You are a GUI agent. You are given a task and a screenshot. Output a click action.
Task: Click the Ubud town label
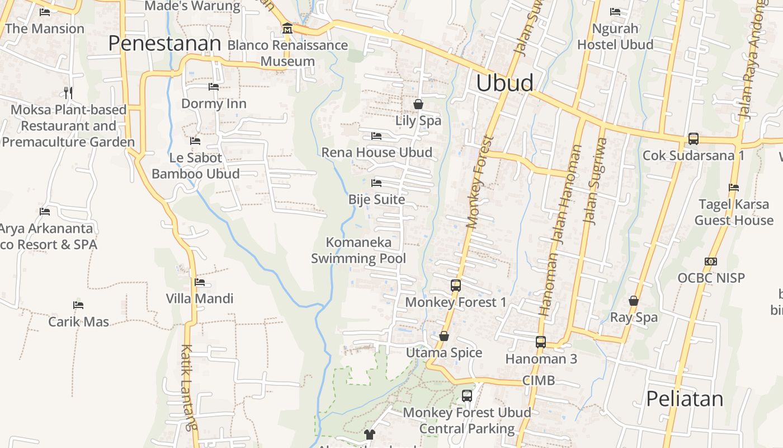click(504, 83)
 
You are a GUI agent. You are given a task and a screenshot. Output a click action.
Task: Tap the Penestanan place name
click(164, 43)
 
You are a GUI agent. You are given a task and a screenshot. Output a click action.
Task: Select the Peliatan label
click(685, 399)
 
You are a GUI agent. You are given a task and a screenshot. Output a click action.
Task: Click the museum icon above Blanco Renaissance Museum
click(287, 28)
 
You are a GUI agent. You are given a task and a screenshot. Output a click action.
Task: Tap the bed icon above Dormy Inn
click(213, 87)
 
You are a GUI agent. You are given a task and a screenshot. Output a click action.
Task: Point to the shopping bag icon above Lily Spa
click(418, 104)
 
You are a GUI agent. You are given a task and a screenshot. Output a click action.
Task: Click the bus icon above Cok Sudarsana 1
click(693, 138)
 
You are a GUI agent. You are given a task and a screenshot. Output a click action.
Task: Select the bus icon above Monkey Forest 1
click(455, 286)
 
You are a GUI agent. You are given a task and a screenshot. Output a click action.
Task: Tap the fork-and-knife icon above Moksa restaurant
click(68, 92)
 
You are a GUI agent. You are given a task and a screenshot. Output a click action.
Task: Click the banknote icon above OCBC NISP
click(711, 261)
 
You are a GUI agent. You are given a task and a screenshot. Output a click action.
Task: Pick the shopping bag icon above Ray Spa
click(634, 301)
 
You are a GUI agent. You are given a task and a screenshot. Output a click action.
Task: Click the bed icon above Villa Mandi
click(200, 282)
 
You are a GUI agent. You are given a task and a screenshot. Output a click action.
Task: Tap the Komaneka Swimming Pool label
click(359, 250)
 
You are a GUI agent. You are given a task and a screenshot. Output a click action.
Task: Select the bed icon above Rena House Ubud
click(376, 136)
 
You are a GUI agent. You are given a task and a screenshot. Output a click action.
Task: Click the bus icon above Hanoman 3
click(540, 342)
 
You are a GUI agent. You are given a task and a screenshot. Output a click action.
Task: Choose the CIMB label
click(539, 381)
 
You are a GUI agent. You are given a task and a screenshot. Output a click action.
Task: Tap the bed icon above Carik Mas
click(78, 305)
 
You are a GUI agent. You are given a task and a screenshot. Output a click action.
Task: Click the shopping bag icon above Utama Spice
click(444, 336)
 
